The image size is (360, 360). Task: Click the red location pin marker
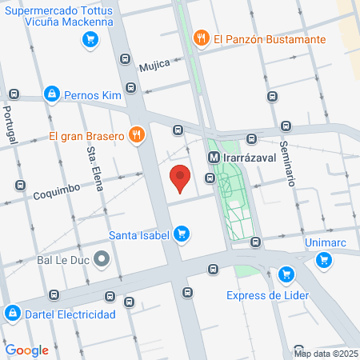[181, 178]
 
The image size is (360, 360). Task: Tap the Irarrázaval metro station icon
[214, 158]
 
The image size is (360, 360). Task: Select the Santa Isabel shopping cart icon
[182, 234]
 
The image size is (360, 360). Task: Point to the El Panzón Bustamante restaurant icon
[201, 38]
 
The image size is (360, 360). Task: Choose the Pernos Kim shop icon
[52, 94]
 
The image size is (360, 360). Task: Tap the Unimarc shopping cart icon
[324, 259]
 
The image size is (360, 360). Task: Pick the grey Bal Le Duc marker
[102, 259]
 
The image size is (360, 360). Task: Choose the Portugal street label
[10, 126]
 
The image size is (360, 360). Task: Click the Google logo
[26, 350]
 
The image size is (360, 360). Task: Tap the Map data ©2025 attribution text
[325, 354]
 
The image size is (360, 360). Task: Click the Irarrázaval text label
[250, 158]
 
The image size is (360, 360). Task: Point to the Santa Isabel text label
[139, 235]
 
